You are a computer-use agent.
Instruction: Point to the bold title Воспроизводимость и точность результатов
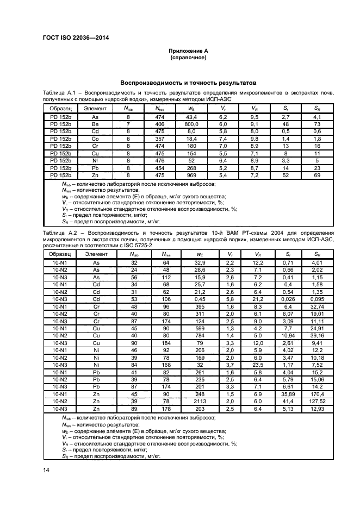[187, 84]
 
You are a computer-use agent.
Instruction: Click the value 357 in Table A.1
[159, 139]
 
